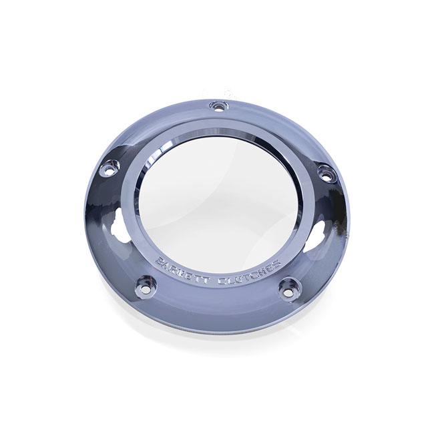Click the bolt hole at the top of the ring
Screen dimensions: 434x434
216,106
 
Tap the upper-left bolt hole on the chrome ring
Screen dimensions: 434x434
106,170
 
